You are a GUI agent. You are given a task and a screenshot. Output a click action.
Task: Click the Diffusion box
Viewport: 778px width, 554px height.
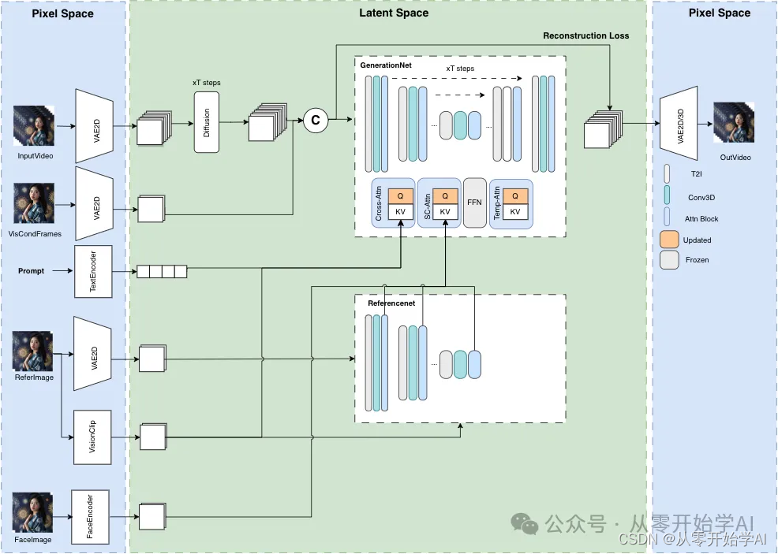(206, 122)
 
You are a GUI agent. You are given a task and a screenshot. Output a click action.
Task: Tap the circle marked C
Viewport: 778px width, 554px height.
(316, 120)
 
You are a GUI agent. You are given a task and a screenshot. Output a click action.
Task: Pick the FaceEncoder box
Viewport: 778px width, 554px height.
(90, 516)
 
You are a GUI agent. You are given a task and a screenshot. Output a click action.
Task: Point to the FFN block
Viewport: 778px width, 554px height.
(474, 203)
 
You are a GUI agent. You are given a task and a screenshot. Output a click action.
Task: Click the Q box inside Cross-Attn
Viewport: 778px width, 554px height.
(400, 195)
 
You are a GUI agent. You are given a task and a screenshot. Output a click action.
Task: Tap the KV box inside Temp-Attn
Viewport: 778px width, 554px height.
(515, 212)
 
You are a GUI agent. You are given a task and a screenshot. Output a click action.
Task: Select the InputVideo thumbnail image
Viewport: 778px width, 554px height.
(33, 126)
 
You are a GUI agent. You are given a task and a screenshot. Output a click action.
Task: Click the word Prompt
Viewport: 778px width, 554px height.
(32, 271)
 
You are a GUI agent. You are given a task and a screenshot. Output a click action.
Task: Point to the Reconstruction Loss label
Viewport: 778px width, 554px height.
(586, 35)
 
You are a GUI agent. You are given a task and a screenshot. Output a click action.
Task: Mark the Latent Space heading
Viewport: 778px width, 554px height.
(394, 13)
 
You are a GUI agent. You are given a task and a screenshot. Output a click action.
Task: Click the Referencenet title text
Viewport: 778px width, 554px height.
(391, 303)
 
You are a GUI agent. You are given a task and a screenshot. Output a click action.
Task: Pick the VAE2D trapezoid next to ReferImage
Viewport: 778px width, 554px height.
(95, 353)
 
